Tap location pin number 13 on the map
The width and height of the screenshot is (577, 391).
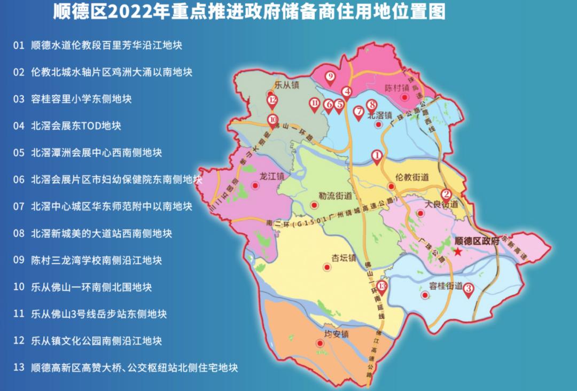point(381,287)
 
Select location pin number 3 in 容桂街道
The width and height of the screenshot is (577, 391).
point(469,290)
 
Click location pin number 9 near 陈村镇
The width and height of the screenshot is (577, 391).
point(330,77)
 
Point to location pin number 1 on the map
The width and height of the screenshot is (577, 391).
point(377,156)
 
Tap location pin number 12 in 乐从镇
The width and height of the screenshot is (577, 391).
point(272,100)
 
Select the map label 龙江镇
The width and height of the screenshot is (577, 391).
point(271,175)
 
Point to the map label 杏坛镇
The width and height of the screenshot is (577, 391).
point(344,257)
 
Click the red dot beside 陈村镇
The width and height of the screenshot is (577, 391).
point(405,97)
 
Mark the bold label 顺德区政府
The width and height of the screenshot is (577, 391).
point(476,241)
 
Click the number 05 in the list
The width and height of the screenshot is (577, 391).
point(19,153)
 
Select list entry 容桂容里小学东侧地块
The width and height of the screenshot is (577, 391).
point(81,99)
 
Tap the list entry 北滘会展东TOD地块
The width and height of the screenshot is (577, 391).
point(76,126)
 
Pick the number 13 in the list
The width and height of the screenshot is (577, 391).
point(19,367)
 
